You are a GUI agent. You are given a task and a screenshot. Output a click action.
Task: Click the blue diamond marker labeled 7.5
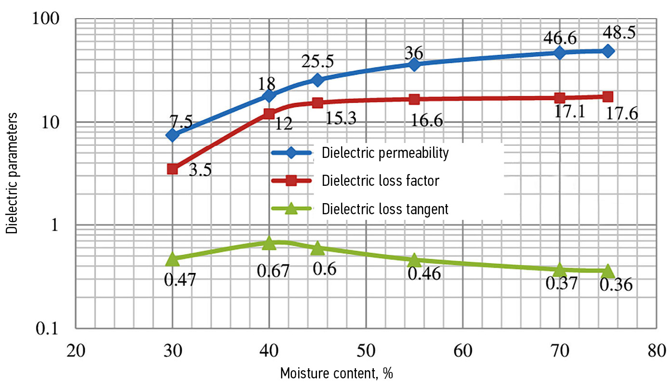click(172, 135)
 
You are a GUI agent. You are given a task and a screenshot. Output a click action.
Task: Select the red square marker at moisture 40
click(269, 114)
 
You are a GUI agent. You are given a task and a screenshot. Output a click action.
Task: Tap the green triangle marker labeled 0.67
click(269, 243)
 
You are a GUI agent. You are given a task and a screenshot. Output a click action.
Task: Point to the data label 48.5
click(619, 33)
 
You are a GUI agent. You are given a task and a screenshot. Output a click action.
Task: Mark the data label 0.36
click(616, 286)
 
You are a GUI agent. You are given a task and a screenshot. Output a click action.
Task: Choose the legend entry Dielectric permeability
click(385, 154)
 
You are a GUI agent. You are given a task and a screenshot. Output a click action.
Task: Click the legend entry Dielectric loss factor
click(380, 181)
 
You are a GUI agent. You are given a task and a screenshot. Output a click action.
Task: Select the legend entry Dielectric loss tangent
click(385, 209)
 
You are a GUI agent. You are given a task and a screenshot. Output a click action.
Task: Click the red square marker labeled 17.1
click(560, 98)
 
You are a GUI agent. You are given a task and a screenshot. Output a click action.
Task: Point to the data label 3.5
click(200, 170)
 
